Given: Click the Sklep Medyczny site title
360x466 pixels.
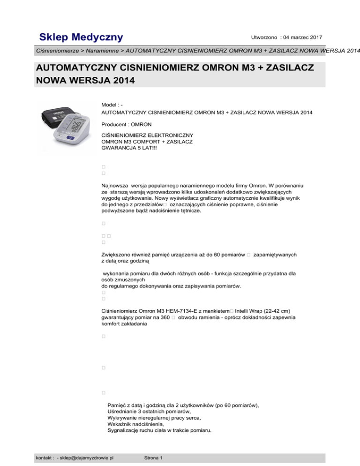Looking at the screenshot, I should click(x=81, y=37).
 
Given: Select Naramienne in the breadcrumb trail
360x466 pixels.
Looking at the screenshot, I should click(x=104, y=50).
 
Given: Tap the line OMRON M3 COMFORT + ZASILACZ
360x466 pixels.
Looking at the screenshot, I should click(x=148, y=142).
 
